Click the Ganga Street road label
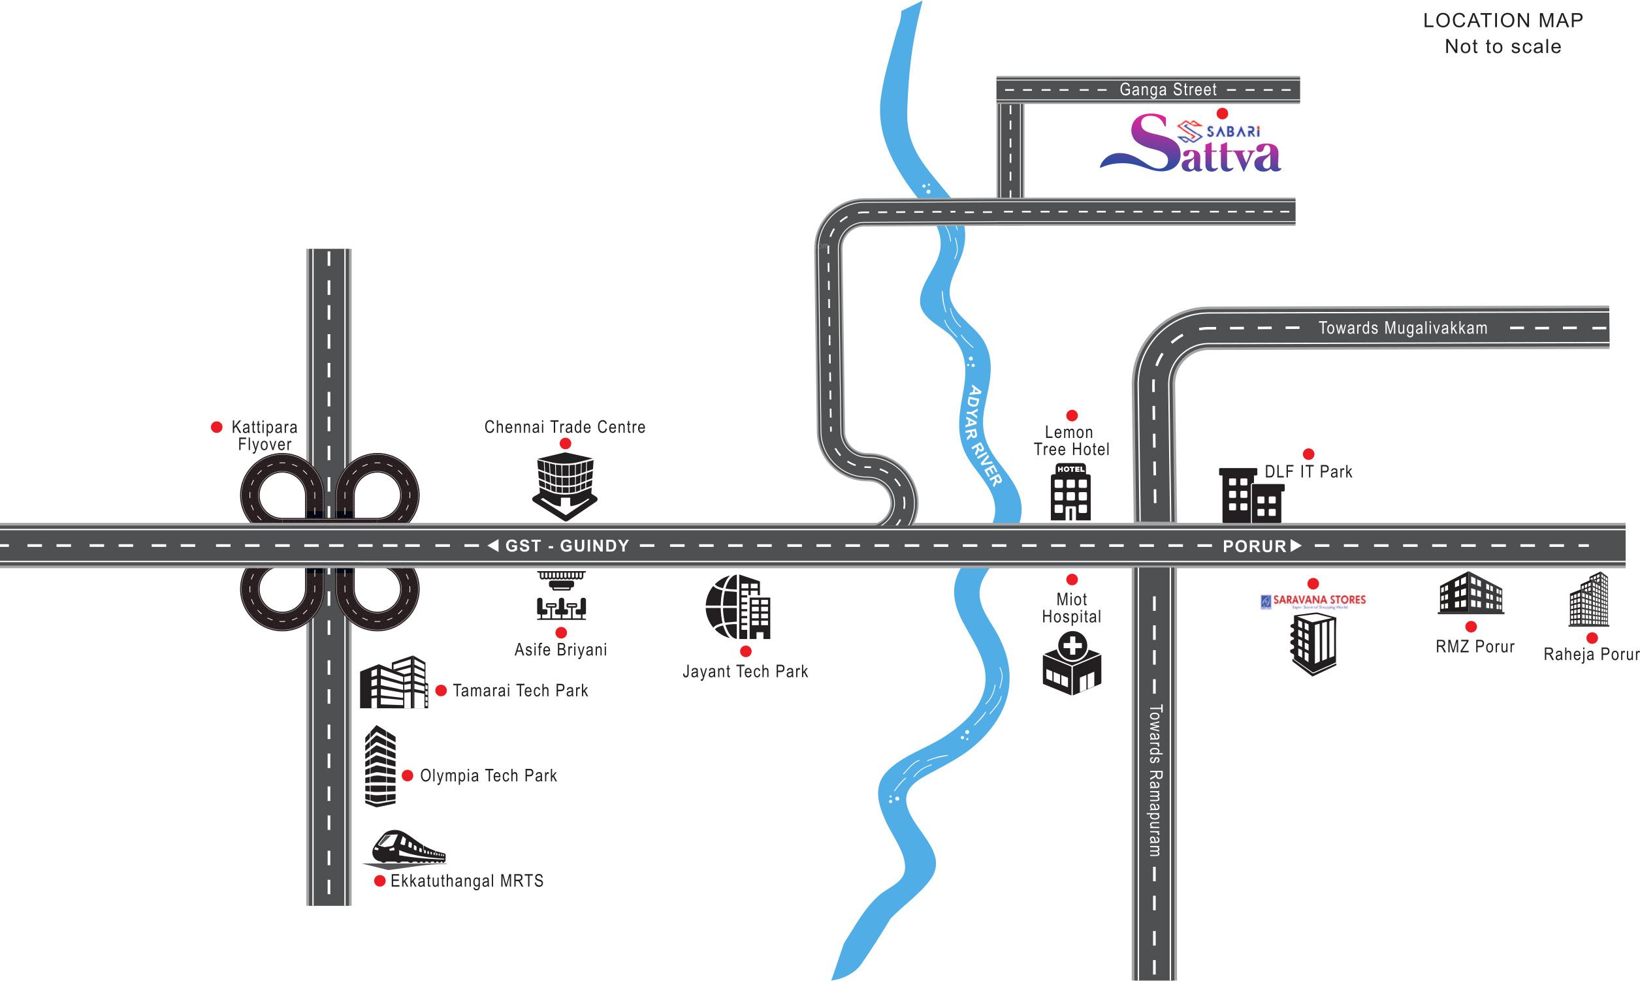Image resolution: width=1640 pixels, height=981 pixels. click(x=1168, y=89)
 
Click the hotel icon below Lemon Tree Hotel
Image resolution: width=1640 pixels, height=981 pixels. click(x=1070, y=492)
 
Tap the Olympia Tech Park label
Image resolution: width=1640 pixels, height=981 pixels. click(x=488, y=775)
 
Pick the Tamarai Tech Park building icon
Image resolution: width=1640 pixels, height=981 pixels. click(x=393, y=683)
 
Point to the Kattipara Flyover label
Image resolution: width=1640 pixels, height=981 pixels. click(x=265, y=435)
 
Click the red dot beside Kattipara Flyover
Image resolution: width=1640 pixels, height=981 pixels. click(x=216, y=428)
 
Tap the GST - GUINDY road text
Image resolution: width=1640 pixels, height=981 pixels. click(x=566, y=546)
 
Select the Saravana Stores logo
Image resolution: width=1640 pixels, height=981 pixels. click(x=1313, y=601)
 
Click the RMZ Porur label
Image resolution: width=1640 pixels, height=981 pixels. click(x=1475, y=647)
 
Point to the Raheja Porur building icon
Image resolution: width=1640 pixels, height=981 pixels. click(x=1588, y=600)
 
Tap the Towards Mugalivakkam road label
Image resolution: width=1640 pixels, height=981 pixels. click(x=1403, y=328)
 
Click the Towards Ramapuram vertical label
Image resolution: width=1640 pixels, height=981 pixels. click(x=1155, y=780)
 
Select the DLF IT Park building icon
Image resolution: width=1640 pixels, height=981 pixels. click(x=1251, y=496)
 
